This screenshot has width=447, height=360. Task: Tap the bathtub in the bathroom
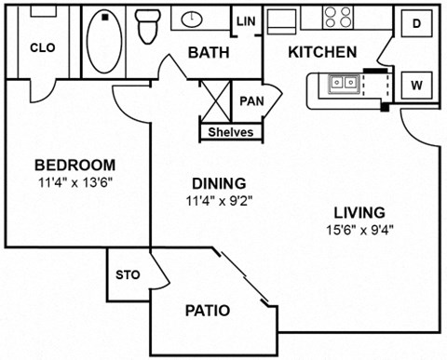(104, 42)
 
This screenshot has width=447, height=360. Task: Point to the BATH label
(209, 53)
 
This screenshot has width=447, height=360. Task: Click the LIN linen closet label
(246, 21)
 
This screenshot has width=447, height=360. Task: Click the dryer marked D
(416, 22)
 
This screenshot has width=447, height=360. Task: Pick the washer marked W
(417, 87)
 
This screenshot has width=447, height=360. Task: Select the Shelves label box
(230, 132)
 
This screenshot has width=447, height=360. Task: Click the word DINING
(213, 182)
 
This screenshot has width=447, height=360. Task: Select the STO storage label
(127, 275)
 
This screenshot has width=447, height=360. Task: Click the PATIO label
(207, 310)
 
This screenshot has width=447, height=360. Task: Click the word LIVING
(358, 212)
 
